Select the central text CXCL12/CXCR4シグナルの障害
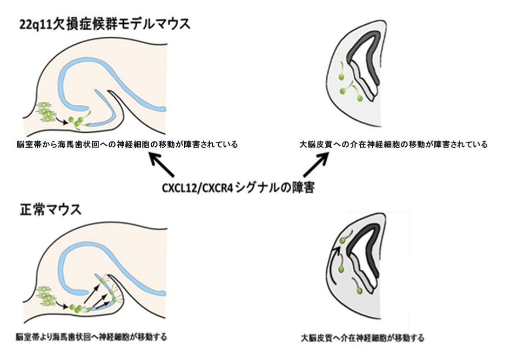click(238, 189)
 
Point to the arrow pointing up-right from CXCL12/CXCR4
click(316, 165)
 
